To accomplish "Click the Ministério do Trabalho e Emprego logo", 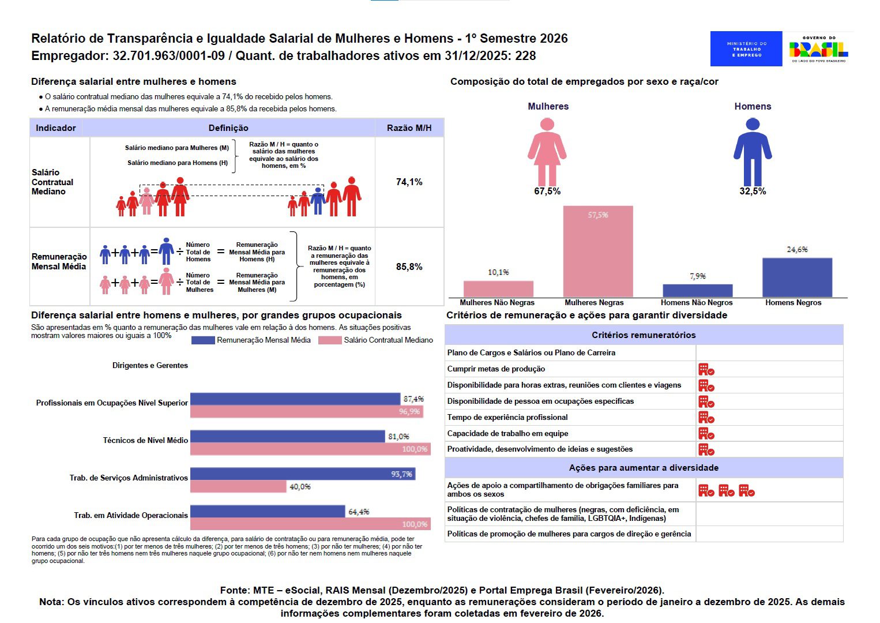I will [746, 48].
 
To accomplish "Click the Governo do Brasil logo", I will [818, 48].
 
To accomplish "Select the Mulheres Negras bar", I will [598, 252].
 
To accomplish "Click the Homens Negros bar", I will [797, 277].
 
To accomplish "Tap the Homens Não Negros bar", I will [697, 291].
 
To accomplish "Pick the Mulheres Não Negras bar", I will [498, 289].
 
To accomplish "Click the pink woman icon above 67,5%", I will [547, 151].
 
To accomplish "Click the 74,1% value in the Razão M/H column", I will [409, 182].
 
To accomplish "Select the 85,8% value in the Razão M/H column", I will [409, 267].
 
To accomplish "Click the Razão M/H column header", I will [409, 128].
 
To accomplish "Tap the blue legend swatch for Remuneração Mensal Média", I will [202, 340].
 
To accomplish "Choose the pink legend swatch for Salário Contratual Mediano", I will [330, 340].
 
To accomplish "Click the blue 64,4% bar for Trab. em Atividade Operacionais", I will [268, 512].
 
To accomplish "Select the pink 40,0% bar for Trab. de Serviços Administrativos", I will [238, 487].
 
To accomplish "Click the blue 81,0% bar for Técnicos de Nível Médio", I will [287, 437].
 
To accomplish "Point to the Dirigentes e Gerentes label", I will [150, 366].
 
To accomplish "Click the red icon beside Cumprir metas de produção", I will [706, 370].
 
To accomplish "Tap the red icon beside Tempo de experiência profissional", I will [706, 418].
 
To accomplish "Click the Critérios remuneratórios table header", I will [644, 335].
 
